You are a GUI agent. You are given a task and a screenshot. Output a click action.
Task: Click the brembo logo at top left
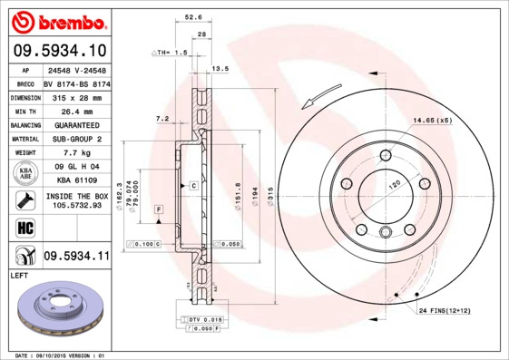point(59,22)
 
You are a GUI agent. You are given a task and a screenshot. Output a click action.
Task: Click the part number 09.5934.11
point(76,257)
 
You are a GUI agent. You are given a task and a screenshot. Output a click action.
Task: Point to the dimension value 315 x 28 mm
point(76,95)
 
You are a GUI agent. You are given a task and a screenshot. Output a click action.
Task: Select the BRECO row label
point(25,82)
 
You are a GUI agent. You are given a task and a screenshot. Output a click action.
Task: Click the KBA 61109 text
point(76,180)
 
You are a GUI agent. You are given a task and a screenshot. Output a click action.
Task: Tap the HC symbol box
point(25,226)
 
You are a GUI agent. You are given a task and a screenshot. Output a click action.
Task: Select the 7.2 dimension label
point(162,118)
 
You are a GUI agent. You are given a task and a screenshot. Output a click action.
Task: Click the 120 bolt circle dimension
point(395,184)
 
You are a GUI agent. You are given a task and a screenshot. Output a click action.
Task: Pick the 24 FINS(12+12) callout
point(444,311)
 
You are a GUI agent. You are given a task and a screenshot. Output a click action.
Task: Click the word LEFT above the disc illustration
point(20,274)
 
